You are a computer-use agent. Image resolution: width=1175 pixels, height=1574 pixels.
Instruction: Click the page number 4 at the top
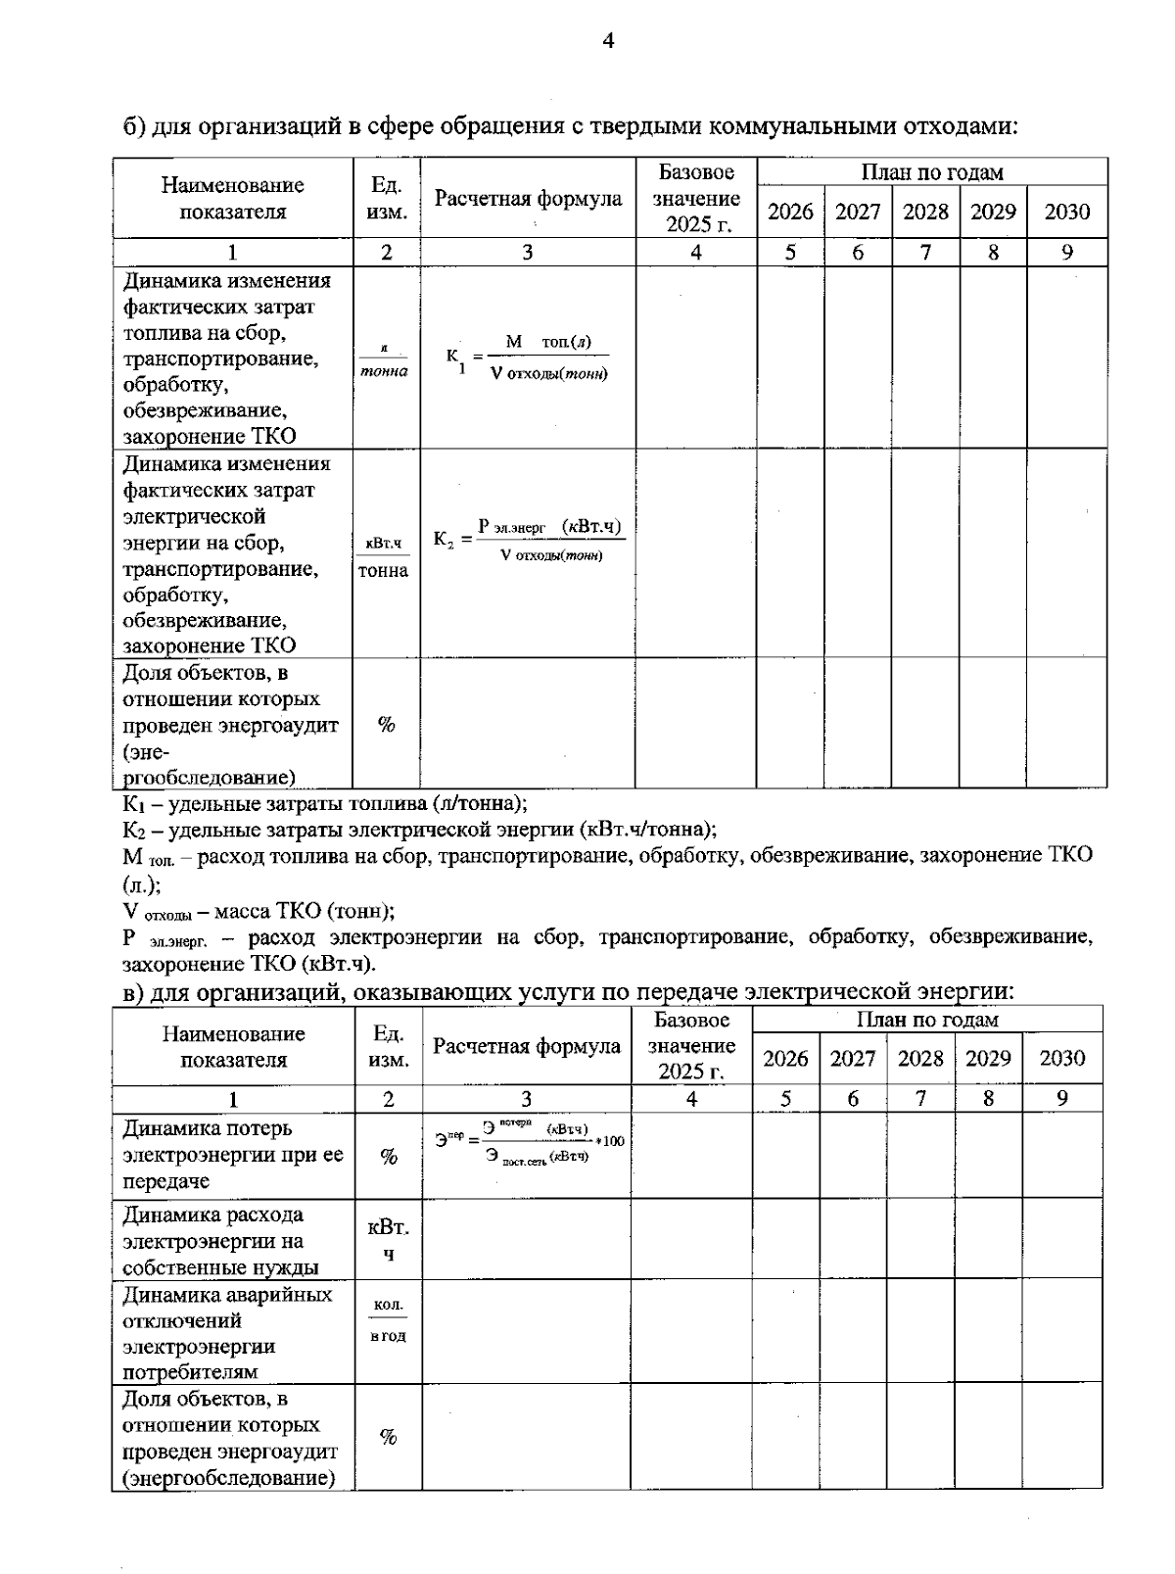(x=607, y=41)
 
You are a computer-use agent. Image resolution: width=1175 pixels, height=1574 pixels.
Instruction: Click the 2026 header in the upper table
(x=789, y=212)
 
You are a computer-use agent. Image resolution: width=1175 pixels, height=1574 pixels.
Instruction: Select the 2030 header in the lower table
(x=1062, y=1058)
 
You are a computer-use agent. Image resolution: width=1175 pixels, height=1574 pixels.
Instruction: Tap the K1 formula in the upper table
(x=527, y=358)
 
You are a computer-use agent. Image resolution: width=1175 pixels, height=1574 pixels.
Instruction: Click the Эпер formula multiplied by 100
(x=529, y=1142)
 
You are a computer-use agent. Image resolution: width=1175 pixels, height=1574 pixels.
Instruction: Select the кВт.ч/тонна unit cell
(x=384, y=555)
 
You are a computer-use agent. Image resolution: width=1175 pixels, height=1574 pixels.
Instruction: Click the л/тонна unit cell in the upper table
(x=384, y=360)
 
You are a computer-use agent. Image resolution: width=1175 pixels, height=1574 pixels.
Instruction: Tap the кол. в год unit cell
(x=388, y=1320)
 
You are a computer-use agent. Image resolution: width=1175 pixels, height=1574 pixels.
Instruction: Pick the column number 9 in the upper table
(x=1066, y=253)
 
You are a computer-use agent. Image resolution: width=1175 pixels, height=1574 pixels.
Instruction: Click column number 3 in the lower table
(x=526, y=1099)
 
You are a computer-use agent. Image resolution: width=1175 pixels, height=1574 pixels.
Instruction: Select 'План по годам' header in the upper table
(x=931, y=172)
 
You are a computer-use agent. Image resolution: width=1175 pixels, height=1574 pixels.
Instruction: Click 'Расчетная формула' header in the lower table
(x=526, y=1046)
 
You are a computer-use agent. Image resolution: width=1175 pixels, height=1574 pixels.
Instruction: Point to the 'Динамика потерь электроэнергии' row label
(x=232, y=1155)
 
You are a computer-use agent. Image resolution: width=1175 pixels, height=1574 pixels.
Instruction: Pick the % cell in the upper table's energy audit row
(x=386, y=725)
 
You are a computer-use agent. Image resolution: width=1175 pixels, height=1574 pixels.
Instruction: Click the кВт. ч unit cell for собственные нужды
(x=388, y=1240)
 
